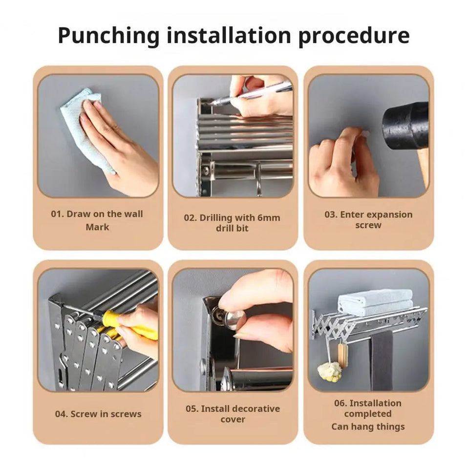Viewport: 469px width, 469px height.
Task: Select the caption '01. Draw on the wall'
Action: (x=97, y=214)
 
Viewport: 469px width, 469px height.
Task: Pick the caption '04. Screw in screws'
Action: (x=98, y=414)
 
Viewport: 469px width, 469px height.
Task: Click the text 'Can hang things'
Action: (x=368, y=426)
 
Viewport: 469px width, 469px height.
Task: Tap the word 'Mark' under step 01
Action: (x=98, y=227)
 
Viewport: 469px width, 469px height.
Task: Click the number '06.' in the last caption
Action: (x=341, y=403)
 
